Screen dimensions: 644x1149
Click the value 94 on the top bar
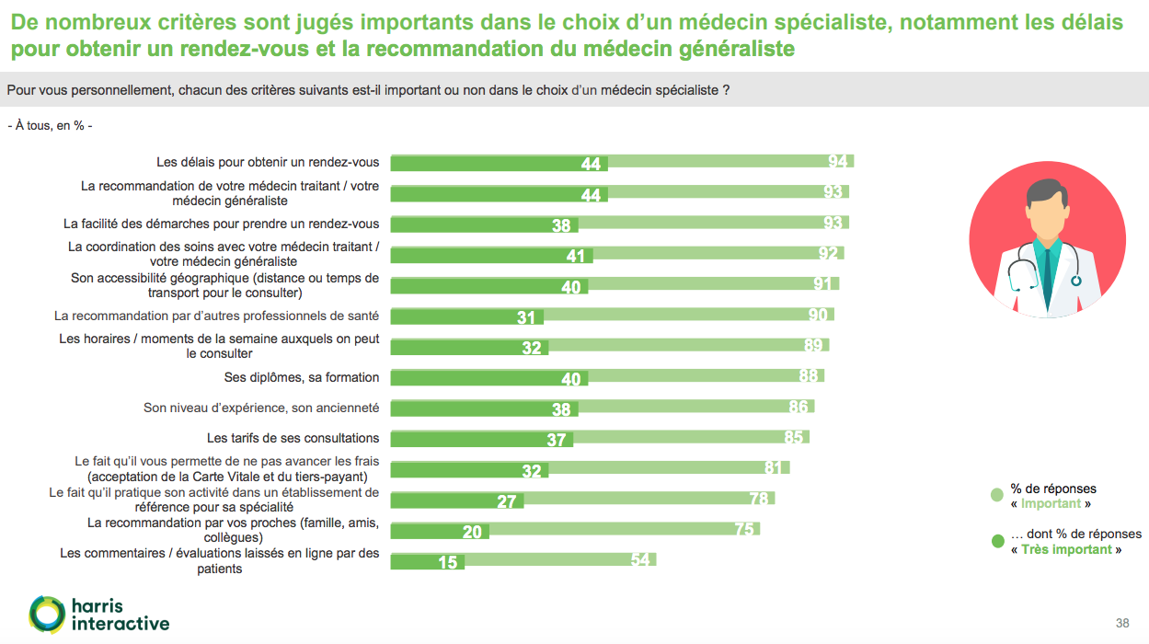coord(837,162)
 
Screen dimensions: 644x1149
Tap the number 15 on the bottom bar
coord(448,561)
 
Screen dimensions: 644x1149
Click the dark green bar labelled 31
coord(467,316)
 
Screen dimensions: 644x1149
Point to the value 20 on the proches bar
coord(472,531)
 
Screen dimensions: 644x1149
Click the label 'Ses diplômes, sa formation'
coord(302,377)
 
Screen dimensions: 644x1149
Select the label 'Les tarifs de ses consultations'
coord(293,438)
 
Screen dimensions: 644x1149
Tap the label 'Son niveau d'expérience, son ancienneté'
coord(261,408)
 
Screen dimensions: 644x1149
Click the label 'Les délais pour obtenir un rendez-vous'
coord(268,162)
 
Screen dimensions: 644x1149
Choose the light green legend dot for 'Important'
coord(997,496)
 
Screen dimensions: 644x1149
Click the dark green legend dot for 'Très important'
coord(997,541)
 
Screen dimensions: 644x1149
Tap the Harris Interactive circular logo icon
coord(47,614)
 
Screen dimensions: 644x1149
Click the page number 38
coord(1122,623)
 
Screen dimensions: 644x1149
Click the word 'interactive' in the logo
coord(121,624)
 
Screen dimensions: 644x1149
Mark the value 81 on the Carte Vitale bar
coord(773,467)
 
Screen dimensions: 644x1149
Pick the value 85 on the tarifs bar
coord(793,437)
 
